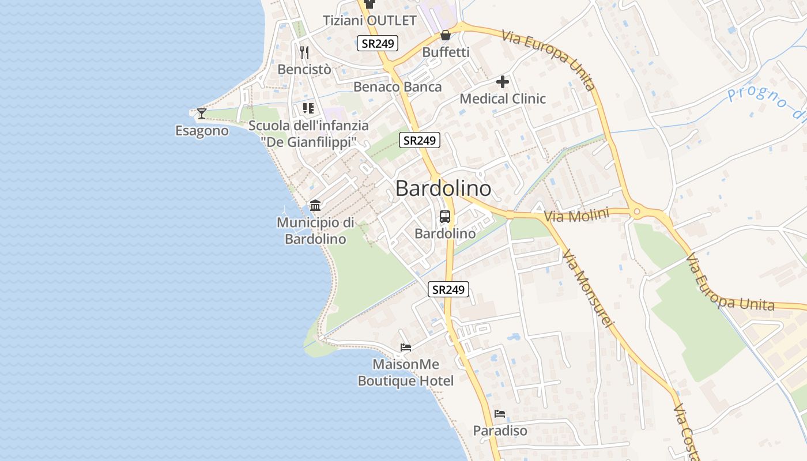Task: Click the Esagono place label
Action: (202, 131)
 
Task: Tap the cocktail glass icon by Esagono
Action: (202, 113)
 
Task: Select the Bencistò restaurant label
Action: (304, 69)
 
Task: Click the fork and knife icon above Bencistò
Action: (304, 52)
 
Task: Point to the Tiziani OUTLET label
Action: (369, 21)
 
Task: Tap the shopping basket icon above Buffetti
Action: (446, 35)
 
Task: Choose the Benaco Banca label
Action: (398, 87)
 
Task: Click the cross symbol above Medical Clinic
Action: (503, 82)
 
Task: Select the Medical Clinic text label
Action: (503, 99)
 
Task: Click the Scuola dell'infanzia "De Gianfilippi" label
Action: (309, 133)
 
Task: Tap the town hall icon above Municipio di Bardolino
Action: (315, 205)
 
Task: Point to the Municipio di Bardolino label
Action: (315, 231)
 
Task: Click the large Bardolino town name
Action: (443, 188)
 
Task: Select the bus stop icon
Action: (445, 217)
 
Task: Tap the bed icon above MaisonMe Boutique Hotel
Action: (406, 347)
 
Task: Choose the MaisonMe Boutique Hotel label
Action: (406, 373)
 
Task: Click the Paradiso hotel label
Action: (500, 430)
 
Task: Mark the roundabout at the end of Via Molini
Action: (637, 212)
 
